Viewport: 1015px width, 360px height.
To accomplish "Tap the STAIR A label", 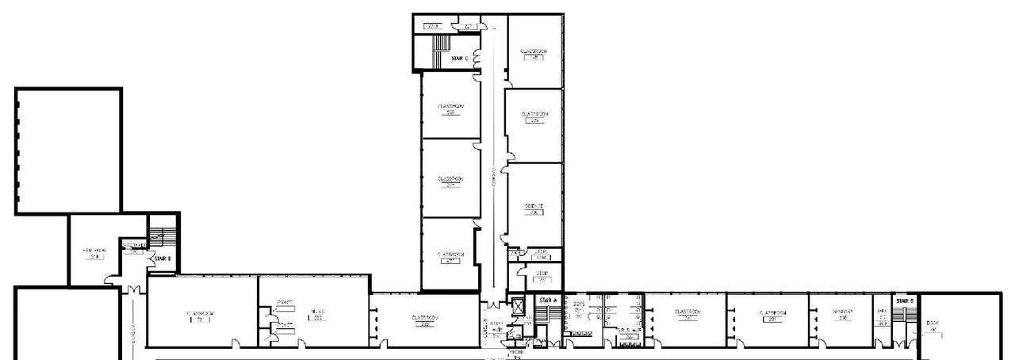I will click(548, 301).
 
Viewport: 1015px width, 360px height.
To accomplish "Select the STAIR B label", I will click(905, 301).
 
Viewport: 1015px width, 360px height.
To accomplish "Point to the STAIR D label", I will click(163, 259).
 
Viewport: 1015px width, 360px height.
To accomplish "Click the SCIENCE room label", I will click(534, 206).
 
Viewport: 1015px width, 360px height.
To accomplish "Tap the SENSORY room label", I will click(842, 312).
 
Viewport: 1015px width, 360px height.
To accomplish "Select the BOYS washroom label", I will click(579, 304).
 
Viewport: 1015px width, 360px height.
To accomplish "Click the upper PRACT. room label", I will click(285, 302).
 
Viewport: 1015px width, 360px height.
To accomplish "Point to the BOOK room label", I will click(933, 324).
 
